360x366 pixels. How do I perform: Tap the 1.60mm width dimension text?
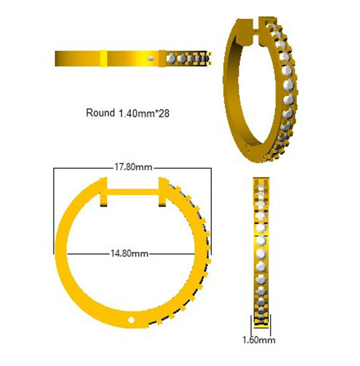click(257, 341)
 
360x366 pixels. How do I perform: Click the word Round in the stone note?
click(101, 113)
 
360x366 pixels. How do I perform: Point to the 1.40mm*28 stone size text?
click(145, 113)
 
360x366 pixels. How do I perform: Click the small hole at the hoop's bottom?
click(132, 317)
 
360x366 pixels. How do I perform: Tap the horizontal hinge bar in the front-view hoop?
click(133, 190)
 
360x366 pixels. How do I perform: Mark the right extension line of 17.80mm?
click(212, 201)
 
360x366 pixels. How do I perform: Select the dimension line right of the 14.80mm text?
click(174, 253)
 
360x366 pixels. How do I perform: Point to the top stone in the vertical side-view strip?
click(261, 184)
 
